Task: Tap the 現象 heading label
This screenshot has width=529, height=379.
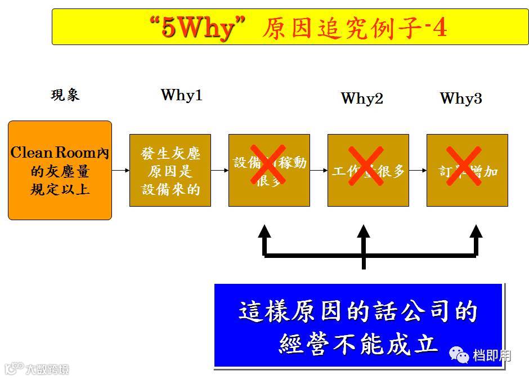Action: tap(65, 95)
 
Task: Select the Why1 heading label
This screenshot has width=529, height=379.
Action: tap(181, 95)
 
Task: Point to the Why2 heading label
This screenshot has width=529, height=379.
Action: tap(362, 99)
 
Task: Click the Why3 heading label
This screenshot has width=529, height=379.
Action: tap(461, 99)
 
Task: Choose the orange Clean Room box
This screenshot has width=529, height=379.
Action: tap(60, 170)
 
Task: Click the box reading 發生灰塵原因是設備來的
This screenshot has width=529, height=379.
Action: tap(170, 170)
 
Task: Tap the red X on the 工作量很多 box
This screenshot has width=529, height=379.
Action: tap(366, 166)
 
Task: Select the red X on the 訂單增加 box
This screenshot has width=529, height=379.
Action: tap(464, 166)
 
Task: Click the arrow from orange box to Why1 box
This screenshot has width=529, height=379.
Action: tap(120, 170)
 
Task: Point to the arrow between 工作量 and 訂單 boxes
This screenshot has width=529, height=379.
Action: tap(418, 170)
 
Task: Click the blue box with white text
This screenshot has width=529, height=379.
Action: tap(358, 326)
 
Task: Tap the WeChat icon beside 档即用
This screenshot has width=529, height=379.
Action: tap(459, 355)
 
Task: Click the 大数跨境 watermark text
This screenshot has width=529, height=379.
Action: tap(47, 369)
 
